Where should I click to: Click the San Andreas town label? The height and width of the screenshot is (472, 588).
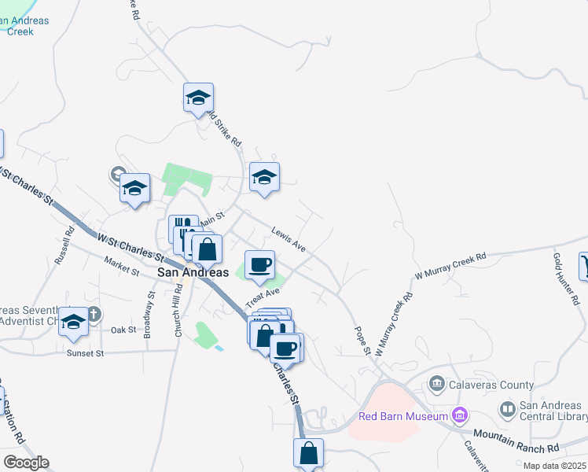pos(193,272)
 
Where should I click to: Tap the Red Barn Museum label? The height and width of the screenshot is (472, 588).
pos(402,416)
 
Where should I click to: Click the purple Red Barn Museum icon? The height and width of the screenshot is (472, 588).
pos(460,415)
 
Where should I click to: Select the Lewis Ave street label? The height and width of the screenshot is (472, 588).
pos(288,240)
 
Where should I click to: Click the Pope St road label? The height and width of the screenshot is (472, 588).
pos(361,341)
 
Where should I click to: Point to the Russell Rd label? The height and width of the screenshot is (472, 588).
pos(64,246)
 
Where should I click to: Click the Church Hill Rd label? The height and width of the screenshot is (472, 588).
pos(178,312)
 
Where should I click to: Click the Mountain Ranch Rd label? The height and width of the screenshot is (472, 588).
pos(516,441)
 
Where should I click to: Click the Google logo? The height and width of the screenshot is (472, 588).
pos(25,463)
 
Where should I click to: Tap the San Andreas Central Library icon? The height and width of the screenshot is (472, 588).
pos(507,409)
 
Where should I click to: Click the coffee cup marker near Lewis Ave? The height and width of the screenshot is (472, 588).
pos(259,265)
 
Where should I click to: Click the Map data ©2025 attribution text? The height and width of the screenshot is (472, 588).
pos(554,466)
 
